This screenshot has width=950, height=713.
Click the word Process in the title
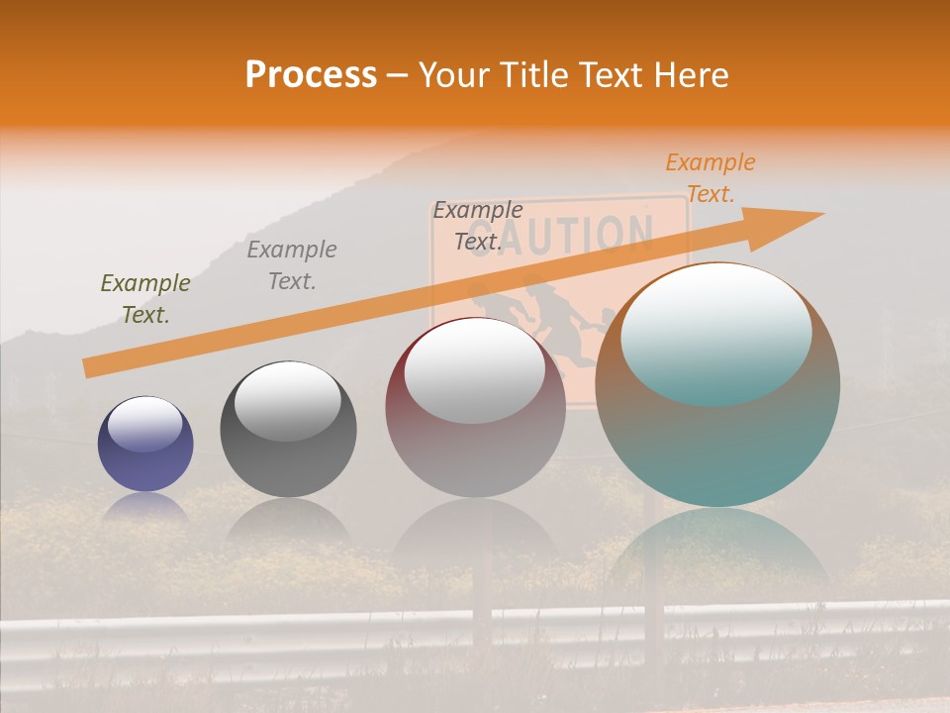coord(311,75)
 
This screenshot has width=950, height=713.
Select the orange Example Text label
coord(710,178)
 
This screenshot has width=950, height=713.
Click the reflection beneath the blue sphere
coord(145,508)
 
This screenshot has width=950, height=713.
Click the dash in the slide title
coord(397,75)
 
